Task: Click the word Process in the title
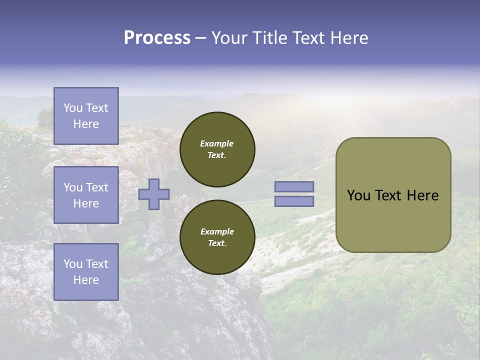click(x=157, y=38)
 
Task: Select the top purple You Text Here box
click(x=86, y=116)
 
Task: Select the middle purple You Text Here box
click(x=86, y=195)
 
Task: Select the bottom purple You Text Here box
click(x=86, y=272)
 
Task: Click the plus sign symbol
click(x=154, y=194)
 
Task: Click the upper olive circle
click(x=217, y=149)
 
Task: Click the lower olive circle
click(x=217, y=237)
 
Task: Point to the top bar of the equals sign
click(x=294, y=186)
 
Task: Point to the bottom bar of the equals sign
click(x=294, y=201)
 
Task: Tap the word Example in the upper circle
click(x=216, y=143)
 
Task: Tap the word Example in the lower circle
click(x=216, y=231)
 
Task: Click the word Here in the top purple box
click(x=86, y=124)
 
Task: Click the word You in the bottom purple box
click(x=73, y=264)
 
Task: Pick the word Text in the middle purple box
click(x=97, y=187)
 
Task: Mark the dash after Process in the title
click(x=200, y=38)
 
